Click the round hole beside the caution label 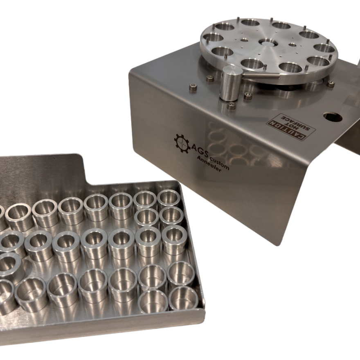click(x=333, y=117)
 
